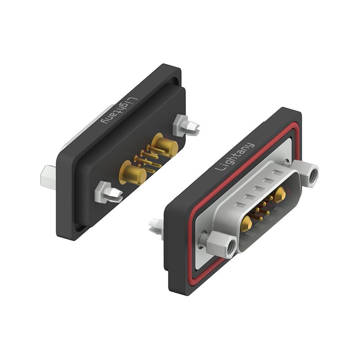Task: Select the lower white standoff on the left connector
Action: point(108,193)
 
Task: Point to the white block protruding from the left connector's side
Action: point(48,176)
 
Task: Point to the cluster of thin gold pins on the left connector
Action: point(146,160)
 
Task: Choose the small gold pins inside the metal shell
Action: point(262,208)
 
